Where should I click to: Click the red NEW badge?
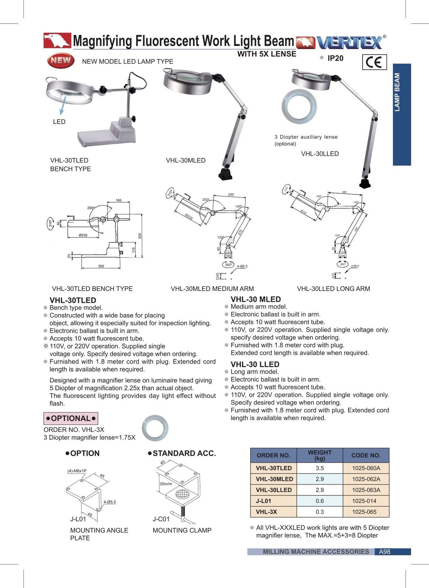point(60,60)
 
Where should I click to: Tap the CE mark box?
point(374,62)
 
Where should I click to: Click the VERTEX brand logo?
point(350,42)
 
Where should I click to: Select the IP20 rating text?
point(335,58)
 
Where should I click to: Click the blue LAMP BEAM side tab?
point(402,114)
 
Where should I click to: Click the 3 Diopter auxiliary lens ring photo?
point(299,107)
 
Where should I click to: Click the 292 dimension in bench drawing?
point(101,266)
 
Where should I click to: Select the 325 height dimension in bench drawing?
point(140,236)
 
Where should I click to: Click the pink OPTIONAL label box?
point(71,418)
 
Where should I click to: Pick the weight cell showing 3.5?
point(320,468)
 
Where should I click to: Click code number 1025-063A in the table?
point(366,490)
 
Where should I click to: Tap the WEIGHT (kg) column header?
point(320,455)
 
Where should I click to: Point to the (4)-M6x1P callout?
point(77,471)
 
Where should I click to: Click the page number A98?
point(385,552)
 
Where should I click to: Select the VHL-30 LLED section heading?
point(255,364)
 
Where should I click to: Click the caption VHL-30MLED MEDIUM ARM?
point(212,289)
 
